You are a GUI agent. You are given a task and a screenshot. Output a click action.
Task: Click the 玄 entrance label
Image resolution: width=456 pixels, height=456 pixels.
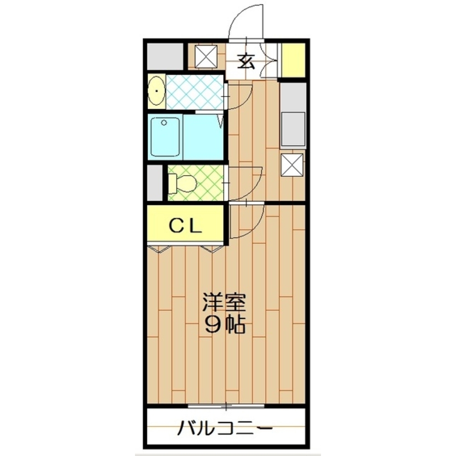tap(247, 60)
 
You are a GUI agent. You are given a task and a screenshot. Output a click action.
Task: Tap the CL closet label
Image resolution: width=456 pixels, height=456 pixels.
tap(186, 225)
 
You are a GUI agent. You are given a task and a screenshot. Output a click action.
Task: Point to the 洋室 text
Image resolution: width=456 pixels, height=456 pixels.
tap(224, 303)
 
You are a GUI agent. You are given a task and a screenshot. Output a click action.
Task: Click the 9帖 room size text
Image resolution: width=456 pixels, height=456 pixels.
tap(225, 325)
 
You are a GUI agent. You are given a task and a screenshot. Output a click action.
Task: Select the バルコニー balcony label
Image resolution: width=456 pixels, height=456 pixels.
tap(225, 429)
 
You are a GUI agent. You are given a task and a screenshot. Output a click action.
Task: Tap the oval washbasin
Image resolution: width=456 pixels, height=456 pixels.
tap(156, 91)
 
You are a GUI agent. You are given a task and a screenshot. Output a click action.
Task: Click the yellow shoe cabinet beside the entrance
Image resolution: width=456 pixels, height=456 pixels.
tap(293, 60)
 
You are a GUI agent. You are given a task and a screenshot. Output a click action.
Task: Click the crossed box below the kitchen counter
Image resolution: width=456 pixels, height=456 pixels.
tap(292, 165)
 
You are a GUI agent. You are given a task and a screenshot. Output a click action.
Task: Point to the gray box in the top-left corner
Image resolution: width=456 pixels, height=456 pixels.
tap(165, 56)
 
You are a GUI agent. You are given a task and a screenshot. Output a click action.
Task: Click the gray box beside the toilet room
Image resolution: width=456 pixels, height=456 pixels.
tap(155, 182)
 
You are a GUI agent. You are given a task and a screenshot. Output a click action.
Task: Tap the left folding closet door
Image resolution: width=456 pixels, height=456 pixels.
tap(159, 249)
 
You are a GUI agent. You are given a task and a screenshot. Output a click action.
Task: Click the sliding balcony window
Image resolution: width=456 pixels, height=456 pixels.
tap(226, 405)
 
